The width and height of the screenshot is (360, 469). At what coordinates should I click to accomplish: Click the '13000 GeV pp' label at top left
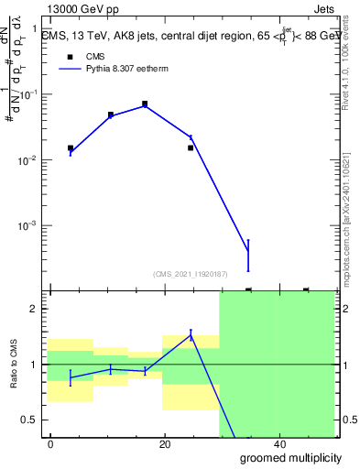[x=83, y=9]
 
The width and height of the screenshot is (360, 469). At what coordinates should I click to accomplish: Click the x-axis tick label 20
[x=165, y=444]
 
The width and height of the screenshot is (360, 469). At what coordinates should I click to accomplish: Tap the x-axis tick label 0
[x=51, y=444]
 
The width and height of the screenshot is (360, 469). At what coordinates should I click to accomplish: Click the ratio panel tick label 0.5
[x=28, y=420]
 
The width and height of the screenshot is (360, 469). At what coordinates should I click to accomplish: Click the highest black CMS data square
[x=145, y=104]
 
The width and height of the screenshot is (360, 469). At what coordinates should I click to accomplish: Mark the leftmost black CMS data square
[x=71, y=147]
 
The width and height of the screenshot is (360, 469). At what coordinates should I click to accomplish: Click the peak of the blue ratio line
[x=191, y=334]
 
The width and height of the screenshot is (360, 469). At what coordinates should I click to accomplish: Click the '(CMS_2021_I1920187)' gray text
[x=190, y=272]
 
